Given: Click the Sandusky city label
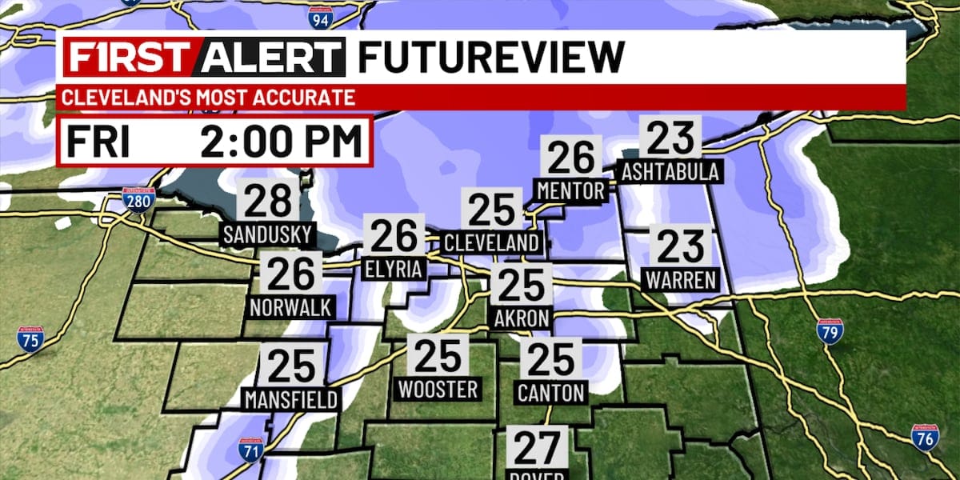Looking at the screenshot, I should (268, 236).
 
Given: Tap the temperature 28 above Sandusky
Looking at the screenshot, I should (268, 202).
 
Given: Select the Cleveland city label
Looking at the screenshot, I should (492, 242).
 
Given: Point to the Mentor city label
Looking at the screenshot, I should (572, 190).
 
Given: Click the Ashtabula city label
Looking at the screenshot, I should (671, 171).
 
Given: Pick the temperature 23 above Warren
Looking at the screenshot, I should (681, 247).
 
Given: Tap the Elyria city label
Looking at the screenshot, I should (393, 270).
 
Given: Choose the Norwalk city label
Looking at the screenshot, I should (290, 307).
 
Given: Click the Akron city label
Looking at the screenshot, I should (522, 318).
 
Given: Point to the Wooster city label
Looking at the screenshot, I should (438, 390).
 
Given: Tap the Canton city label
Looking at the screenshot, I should (552, 393).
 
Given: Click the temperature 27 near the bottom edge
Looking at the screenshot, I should (538, 450).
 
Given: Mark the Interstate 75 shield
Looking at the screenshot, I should (30, 339).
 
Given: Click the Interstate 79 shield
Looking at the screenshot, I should (830, 330).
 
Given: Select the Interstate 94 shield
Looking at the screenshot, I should (319, 17).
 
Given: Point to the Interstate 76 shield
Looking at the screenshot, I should (925, 438).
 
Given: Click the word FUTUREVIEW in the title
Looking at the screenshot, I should (490, 57).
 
